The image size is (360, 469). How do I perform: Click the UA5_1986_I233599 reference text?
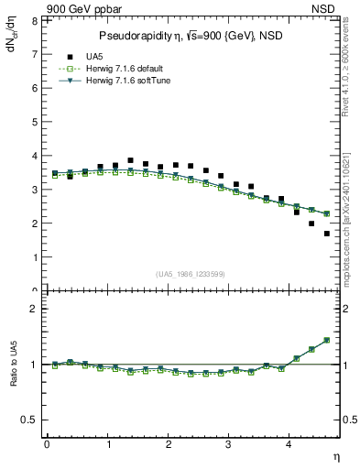pos(191,274)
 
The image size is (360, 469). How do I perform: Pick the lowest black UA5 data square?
pos(327,234)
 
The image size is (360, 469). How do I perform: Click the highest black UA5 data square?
pos(130,160)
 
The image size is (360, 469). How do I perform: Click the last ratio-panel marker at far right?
pos(327,340)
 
